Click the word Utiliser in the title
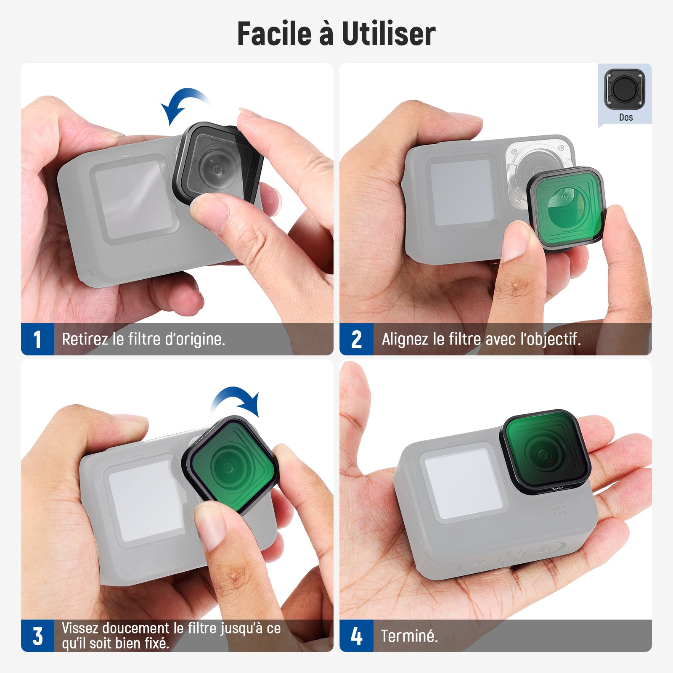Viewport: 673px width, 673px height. point(388,34)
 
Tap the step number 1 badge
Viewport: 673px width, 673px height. point(37,339)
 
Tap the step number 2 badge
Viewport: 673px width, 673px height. point(356,339)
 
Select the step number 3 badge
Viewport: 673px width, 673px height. point(37,636)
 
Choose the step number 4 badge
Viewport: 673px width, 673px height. point(356,636)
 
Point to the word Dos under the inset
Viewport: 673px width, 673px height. point(626,117)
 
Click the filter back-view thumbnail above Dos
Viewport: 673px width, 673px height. point(625,89)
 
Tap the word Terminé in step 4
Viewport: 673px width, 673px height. point(409,636)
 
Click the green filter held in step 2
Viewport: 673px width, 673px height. point(566,208)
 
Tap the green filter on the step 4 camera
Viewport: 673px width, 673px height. point(546,451)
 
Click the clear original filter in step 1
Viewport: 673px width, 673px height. point(218,163)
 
